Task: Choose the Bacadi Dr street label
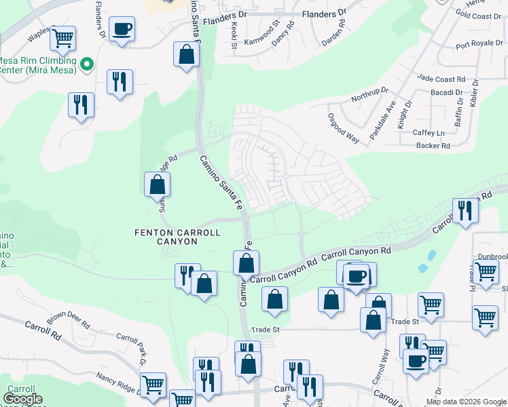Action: click(x=446, y=92)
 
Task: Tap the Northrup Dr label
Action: click(x=369, y=94)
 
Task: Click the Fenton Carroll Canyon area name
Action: click(x=177, y=237)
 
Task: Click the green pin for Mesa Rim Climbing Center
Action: click(x=86, y=65)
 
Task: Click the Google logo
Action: click(x=22, y=399)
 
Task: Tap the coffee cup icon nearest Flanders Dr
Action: click(x=122, y=29)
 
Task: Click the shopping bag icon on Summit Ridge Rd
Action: click(x=157, y=184)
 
